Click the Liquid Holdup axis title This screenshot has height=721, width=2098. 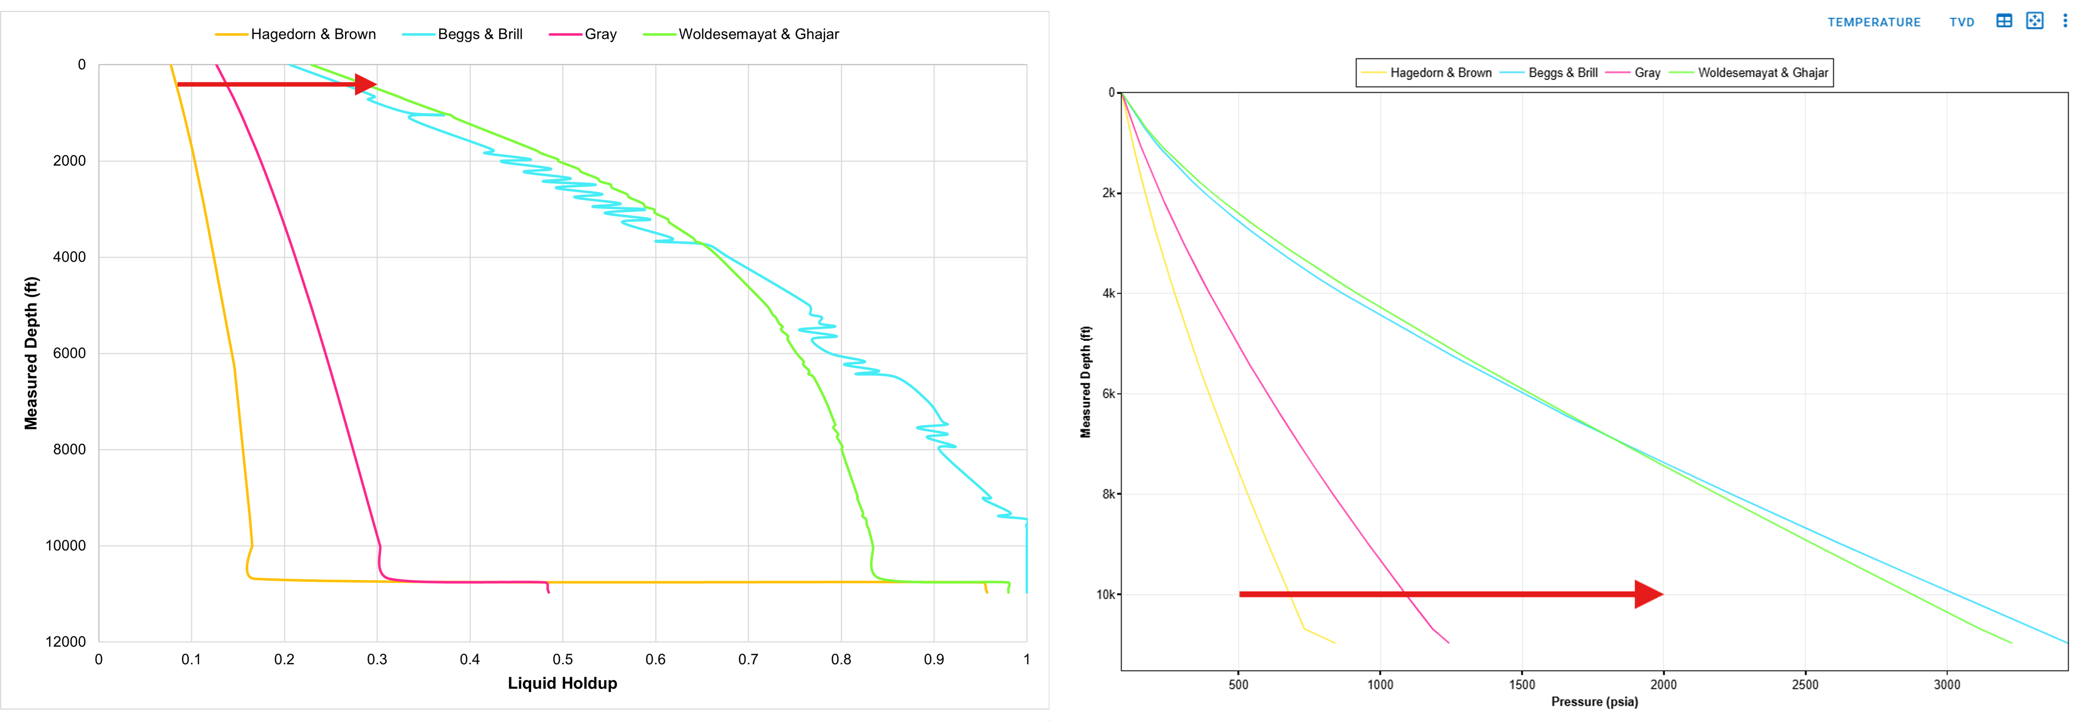point(562,683)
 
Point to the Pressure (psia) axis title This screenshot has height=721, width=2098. point(1594,701)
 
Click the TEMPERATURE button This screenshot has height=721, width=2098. point(1873,22)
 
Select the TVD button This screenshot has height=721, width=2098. point(1961,22)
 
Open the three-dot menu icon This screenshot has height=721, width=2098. point(2065,21)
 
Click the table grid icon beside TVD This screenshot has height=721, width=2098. point(2004,21)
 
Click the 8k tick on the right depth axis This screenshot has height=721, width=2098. point(1109,494)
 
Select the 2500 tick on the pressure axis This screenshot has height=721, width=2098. point(1805,684)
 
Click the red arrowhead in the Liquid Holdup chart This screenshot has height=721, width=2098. point(366,84)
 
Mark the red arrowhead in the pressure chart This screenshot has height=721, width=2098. point(1649,594)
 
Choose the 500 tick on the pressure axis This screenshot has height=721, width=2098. point(1238,684)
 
